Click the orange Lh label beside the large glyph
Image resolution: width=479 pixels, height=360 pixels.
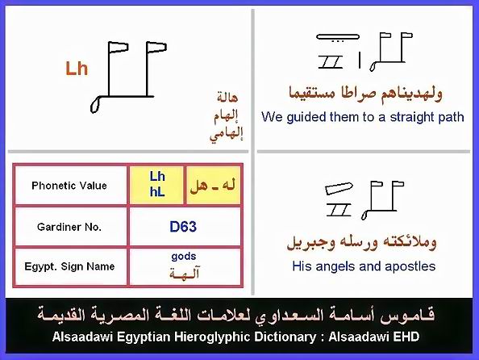tap(77, 69)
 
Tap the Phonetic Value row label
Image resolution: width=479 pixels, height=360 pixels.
tap(69, 186)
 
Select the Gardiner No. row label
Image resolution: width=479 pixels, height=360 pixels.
tap(69, 227)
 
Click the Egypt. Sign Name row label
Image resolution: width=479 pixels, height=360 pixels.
tap(69, 266)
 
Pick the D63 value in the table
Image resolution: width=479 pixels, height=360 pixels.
tap(183, 227)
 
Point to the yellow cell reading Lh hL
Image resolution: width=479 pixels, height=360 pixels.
tap(156, 185)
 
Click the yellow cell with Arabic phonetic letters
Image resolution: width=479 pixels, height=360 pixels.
tap(213, 185)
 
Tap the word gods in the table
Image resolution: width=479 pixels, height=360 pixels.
tap(184, 257)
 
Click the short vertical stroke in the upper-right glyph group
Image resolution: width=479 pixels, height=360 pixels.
tap(360, 60)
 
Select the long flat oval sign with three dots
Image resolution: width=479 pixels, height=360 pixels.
tap(338, 37)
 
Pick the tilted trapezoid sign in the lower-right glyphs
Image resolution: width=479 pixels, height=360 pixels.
tap(339, 188)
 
